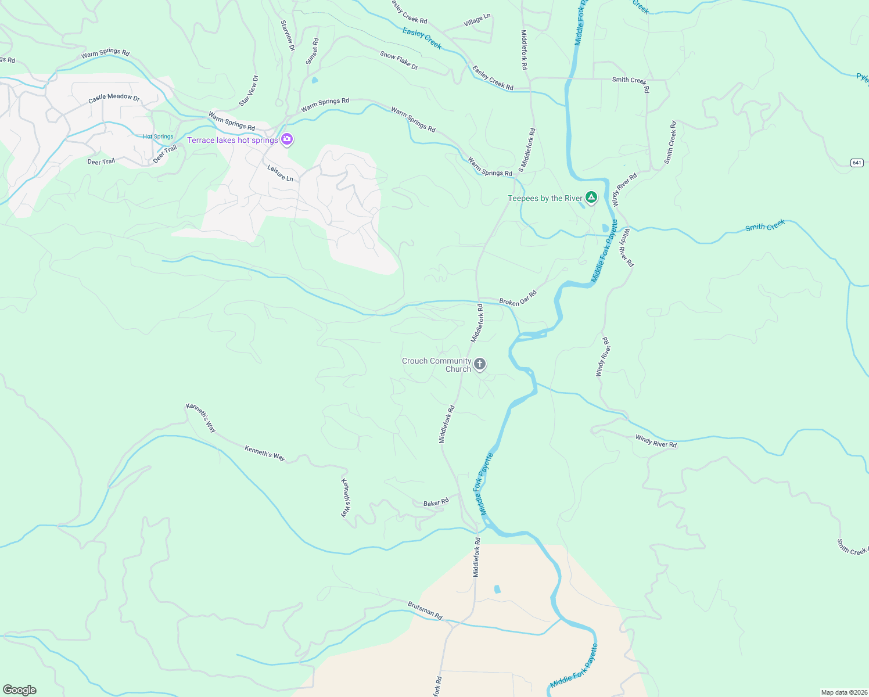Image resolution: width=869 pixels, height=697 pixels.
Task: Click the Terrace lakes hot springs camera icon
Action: pyautogui.click(x=286, y=139)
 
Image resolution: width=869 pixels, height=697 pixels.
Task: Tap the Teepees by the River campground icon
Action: pyautogui.click(x=591, y=198)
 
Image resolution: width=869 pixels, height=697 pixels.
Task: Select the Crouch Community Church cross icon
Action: pyautogui.click(x=479, y=364)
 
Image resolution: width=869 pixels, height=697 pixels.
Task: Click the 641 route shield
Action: pyautogui.click(x=857, y=163)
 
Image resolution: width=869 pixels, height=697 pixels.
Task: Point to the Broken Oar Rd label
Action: pyautogui.click(x=518, y=299)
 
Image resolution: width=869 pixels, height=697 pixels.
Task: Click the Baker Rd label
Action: pyautogui.click(x=436, y=502)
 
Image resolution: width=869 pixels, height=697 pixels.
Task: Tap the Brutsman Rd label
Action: pyautogui.click(x=425, y=610)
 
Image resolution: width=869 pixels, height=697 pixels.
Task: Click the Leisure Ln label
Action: pyautogui.click(x=280, y=173)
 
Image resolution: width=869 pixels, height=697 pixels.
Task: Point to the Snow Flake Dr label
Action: pyautogui.click(x=399, y=60)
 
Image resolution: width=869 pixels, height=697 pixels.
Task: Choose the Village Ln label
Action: pyautogui.click(x=477, y=21)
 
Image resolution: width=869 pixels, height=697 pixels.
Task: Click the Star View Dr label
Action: pyautogui.click(x=249, y=91)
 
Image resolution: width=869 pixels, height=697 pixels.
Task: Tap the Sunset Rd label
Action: pyautogui.click(x=313, y=51)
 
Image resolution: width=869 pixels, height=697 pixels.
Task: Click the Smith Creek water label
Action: pyautogui.click(x=765, y=225)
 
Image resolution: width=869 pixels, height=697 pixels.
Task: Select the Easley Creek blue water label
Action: pyautogui.click(x=422, y=38)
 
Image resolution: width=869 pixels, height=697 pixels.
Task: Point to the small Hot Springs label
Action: pyautogui.click(x=158, y=136)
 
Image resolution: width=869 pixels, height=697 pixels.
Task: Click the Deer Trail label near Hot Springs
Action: pyautogui.click(x=165, y=154)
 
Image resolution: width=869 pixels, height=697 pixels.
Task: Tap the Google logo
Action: pyautogui.click(x=20, y=690)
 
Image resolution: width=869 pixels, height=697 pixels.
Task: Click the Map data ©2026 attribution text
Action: pyautogui.click(x=843, y=692)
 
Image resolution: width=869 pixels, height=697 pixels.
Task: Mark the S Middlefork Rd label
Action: pyautogui.click(x=527, y=150)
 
